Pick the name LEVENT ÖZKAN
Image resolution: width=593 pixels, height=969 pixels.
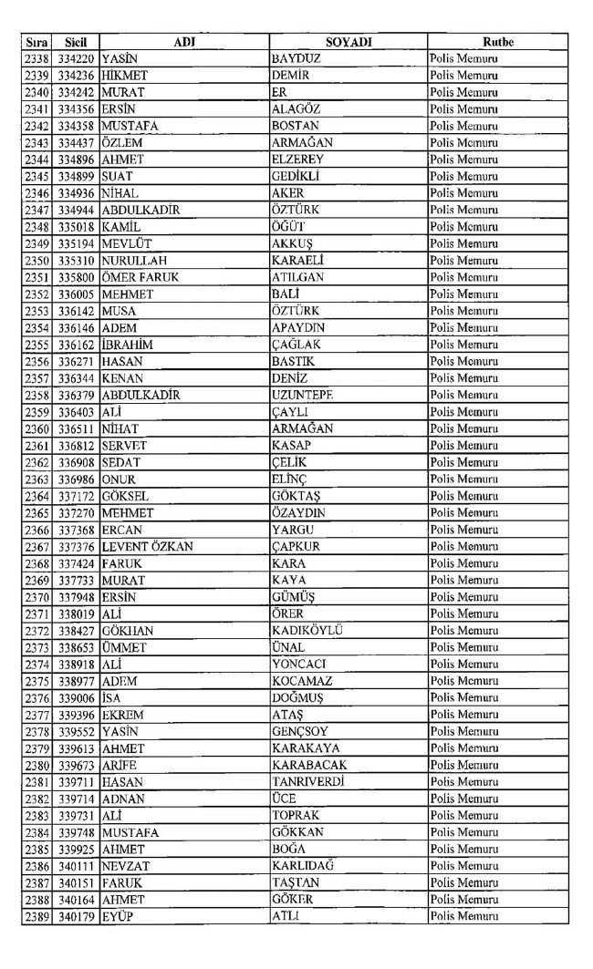(148, 547)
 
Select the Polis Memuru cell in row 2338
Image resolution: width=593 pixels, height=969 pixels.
(469, 58)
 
